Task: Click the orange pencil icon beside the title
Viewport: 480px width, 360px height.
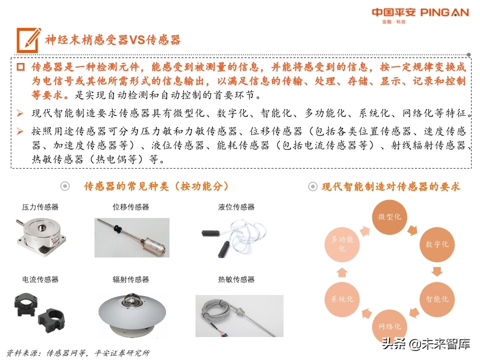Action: click(28, 40)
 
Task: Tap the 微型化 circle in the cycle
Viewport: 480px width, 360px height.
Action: click(389, 217)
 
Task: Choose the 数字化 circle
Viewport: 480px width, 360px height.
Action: click(437, 244)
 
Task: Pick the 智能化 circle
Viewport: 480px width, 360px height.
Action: click(437, 299)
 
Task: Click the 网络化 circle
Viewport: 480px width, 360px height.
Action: click(389, 326)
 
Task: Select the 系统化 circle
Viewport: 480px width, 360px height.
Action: click(342, 299)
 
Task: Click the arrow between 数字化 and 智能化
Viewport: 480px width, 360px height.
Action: click(437, 272)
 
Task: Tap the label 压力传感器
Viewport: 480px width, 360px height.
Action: click(40, 207)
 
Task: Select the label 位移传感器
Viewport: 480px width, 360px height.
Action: click(131, 207)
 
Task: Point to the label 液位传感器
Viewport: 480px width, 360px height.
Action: click(236, 207)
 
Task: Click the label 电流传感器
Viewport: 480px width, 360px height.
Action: click(40, 279)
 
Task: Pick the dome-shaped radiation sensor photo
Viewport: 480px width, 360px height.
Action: click(131, 312)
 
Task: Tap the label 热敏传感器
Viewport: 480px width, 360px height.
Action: click(236, 279)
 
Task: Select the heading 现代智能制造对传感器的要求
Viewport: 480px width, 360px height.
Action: click(390, 186)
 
